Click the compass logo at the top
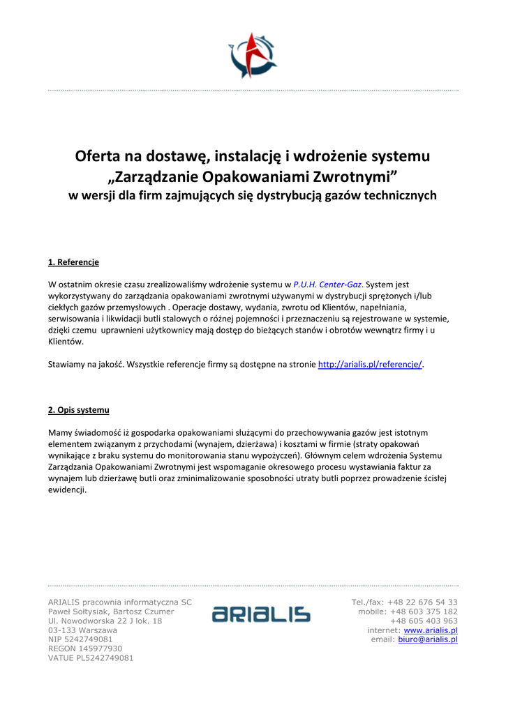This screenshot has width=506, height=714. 253,56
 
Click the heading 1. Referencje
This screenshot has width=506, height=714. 73,262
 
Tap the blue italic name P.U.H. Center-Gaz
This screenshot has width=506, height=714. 327,284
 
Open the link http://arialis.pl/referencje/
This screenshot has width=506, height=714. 370,364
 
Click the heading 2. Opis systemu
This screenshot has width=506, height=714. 78,409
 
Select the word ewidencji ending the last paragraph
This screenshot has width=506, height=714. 66,489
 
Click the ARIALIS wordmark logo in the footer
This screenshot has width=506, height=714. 262,614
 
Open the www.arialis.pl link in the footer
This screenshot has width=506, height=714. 431,630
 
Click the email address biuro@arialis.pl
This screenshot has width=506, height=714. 428,639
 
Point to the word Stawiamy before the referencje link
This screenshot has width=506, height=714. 69,364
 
